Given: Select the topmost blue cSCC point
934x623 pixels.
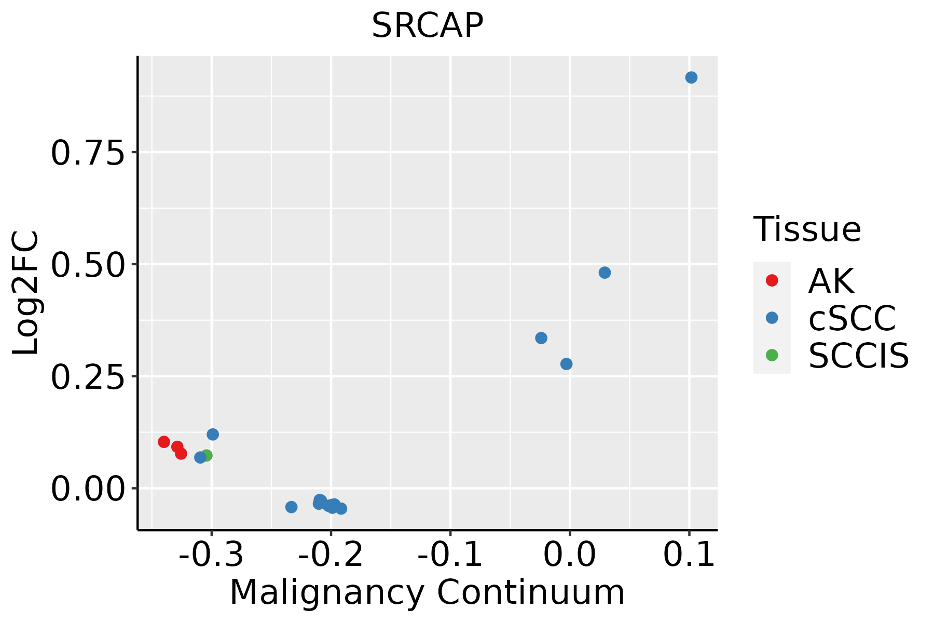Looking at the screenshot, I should click(x=691, y=77).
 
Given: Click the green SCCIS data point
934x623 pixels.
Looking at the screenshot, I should click(x=207, y=455).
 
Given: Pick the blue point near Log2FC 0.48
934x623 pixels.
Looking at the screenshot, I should click(x=605, y=273).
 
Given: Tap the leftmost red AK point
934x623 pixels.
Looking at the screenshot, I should click(x=164, y=442).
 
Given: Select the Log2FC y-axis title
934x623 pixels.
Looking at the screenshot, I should click(x=26, y=293).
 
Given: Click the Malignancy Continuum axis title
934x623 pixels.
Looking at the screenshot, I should click(x=427, y=592).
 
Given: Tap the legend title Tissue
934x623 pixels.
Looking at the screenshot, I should click(x=807, y=229).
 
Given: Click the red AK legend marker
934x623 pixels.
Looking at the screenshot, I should click(x=772, y=280).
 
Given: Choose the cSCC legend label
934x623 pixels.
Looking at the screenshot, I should click(x=852, y=318).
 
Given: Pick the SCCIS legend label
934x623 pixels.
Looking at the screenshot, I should click(x=859, y=356).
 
